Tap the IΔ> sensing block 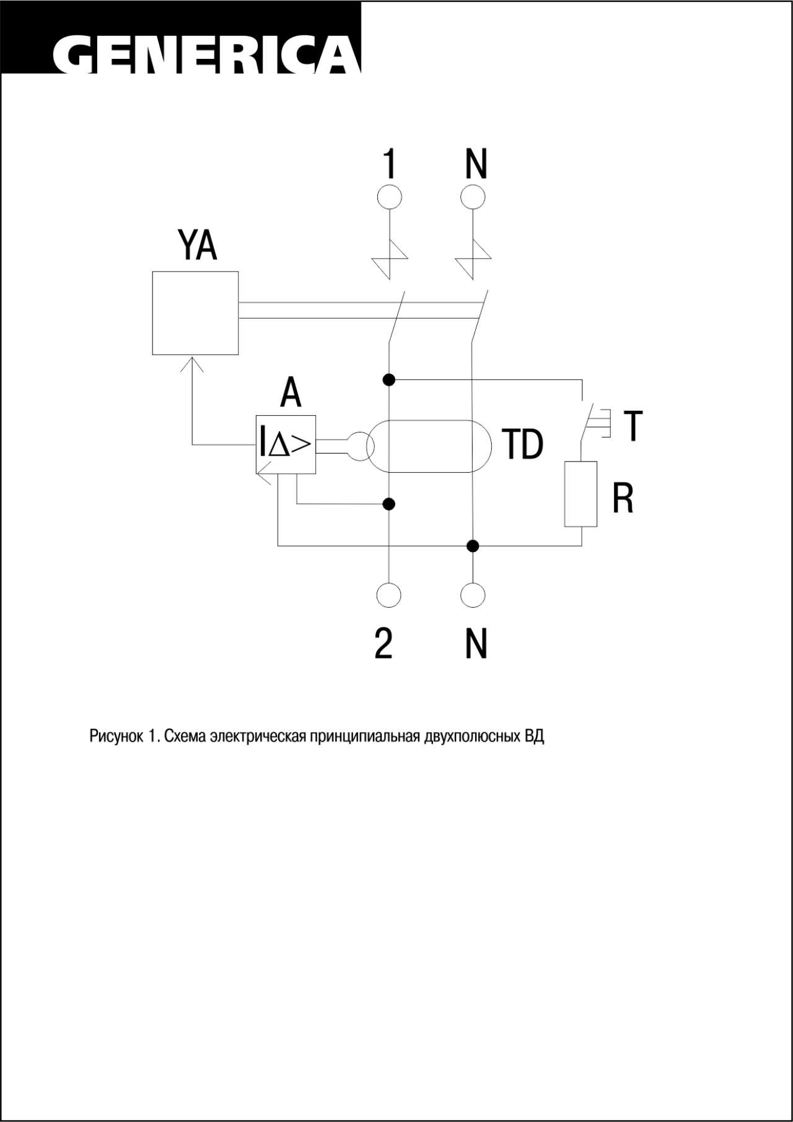286,445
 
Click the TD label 522,444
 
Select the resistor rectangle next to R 581,494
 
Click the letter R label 623,498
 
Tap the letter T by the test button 633,426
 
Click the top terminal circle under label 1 389,198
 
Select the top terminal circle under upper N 473,198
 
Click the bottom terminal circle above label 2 388,595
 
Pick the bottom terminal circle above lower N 473,595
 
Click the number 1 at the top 388,164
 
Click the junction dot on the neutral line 473,546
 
